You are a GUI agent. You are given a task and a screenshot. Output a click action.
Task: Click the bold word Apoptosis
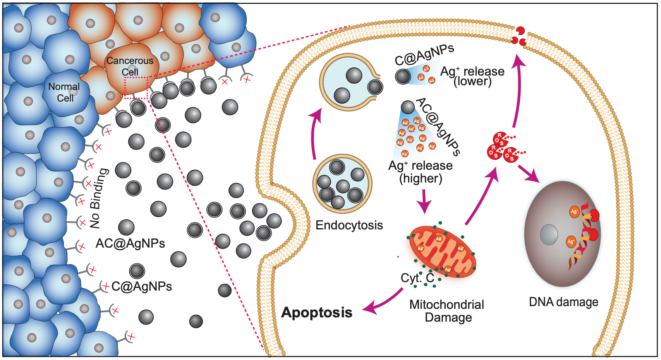click(x=317, y=312)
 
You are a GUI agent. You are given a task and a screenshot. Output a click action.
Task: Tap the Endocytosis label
click(x=349, y=225)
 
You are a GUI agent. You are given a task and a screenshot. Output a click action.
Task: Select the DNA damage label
click(x=563, y=302)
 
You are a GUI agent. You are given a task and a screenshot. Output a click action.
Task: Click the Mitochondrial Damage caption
click(x=447, y=311)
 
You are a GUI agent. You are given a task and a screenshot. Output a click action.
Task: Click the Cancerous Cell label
click(x=130, y=66)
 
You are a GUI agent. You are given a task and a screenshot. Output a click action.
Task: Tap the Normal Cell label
click(x=64, y=92)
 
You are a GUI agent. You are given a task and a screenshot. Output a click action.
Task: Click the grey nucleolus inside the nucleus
click(x=549, y=234)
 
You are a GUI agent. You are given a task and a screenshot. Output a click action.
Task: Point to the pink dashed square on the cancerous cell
click(x=136, y=88)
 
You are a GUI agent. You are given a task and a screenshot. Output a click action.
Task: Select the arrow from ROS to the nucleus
click(x=529, y=173)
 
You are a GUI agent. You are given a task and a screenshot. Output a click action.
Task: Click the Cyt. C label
click(x=417, y=278)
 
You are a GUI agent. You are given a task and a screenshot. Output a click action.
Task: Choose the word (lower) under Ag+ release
click(x=472, y=81)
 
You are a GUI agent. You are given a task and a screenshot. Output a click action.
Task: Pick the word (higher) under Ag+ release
click(x=421, y=178)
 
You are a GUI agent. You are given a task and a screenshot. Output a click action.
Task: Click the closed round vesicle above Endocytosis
click(x=342, y=184)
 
